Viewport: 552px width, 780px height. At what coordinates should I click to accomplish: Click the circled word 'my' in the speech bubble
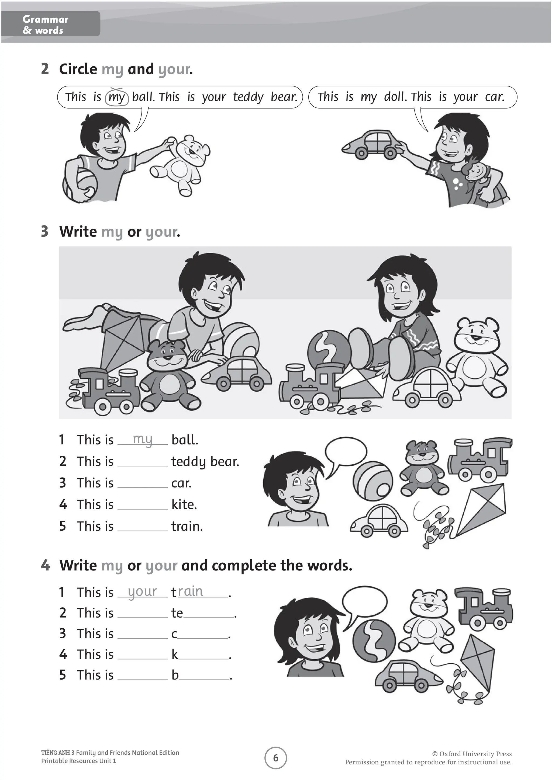click(x=117, y=97)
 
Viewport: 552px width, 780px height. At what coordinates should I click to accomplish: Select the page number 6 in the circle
click(x=276, y=758)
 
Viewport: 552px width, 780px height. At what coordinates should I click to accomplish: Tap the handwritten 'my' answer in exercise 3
click(x=142, y=439)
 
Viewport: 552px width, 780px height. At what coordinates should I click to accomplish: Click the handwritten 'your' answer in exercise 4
click(x=142, y=591)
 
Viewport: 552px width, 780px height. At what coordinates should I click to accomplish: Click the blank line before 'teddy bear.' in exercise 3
click(x=142, y=464)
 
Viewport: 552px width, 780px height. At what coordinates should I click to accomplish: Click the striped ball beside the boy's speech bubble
click(x=372, y=481)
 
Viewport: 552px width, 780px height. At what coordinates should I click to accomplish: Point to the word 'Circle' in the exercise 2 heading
click(x=78, y=69)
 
